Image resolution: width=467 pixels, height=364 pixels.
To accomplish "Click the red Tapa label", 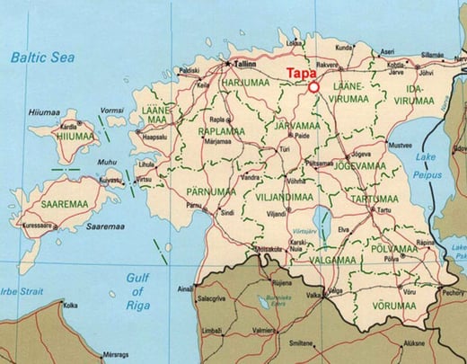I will pos(301,75).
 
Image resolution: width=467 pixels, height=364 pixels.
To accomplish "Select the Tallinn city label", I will pos(245,65).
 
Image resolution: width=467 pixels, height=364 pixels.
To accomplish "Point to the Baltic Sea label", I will pos(41,58).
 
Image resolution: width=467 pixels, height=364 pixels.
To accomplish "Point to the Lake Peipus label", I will pos(424,164).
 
